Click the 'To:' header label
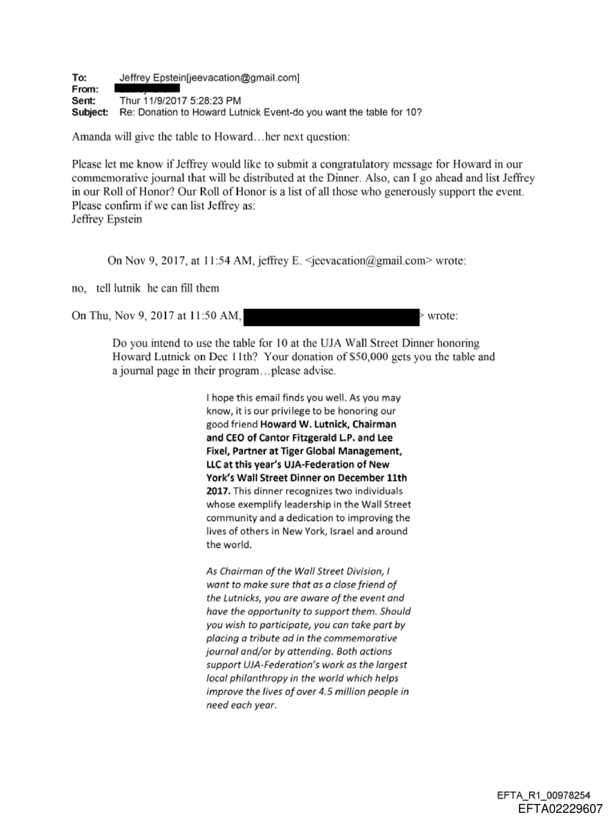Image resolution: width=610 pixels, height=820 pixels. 78,78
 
